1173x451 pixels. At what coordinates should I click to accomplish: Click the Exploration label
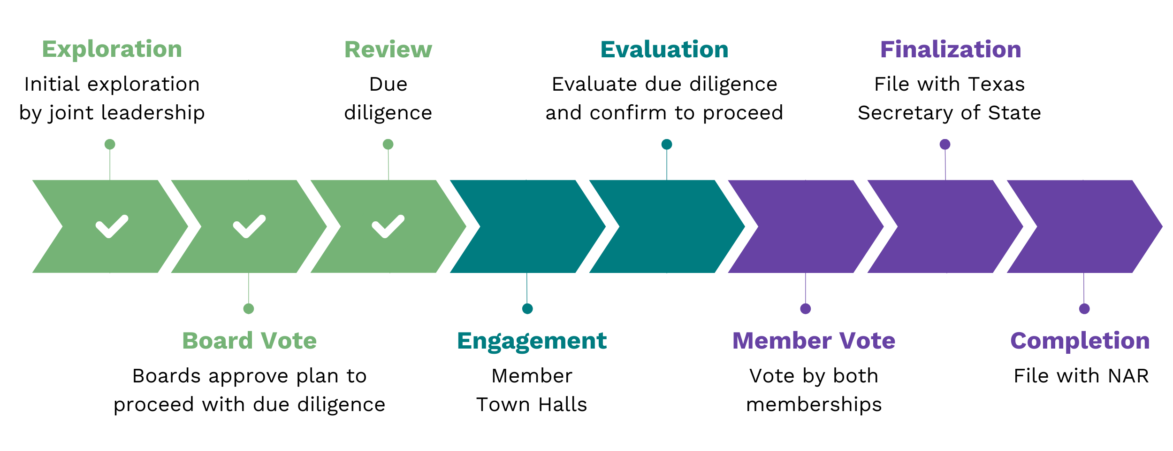click(x=112, y=49)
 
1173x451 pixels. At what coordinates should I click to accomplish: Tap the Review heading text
click(x=388, y=49)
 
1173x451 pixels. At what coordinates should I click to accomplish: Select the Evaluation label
click(x=664, y=49)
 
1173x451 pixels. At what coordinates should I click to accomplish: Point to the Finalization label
click(x=950, y=49)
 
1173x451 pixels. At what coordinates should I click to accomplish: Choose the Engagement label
click(x=532, y=341)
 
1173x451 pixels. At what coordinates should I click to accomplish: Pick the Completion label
click(x=1080, y=341)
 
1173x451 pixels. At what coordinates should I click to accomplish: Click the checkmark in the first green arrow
click(x=112, y=226)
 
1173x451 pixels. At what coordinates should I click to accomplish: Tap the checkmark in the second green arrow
click(x=249, y=226)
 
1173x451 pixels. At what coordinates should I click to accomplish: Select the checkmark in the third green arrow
click(x=388, y=226)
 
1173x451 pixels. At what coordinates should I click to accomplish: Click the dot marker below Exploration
click(x=110, y=144)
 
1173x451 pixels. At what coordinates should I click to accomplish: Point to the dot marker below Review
click(x=388, y=144)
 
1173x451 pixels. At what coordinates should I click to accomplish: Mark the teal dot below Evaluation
click(x=667, y=144)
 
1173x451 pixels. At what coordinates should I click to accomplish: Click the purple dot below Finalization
click(x=945, y=144)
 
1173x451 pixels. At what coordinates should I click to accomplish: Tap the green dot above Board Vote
click(x=249, y=309)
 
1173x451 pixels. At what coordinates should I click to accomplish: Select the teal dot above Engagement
click(x=527, y=309)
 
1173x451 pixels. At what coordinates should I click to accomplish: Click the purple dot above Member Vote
click(x=806, y=309)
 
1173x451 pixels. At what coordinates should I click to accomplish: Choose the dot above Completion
click(x=1084, y=309)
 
